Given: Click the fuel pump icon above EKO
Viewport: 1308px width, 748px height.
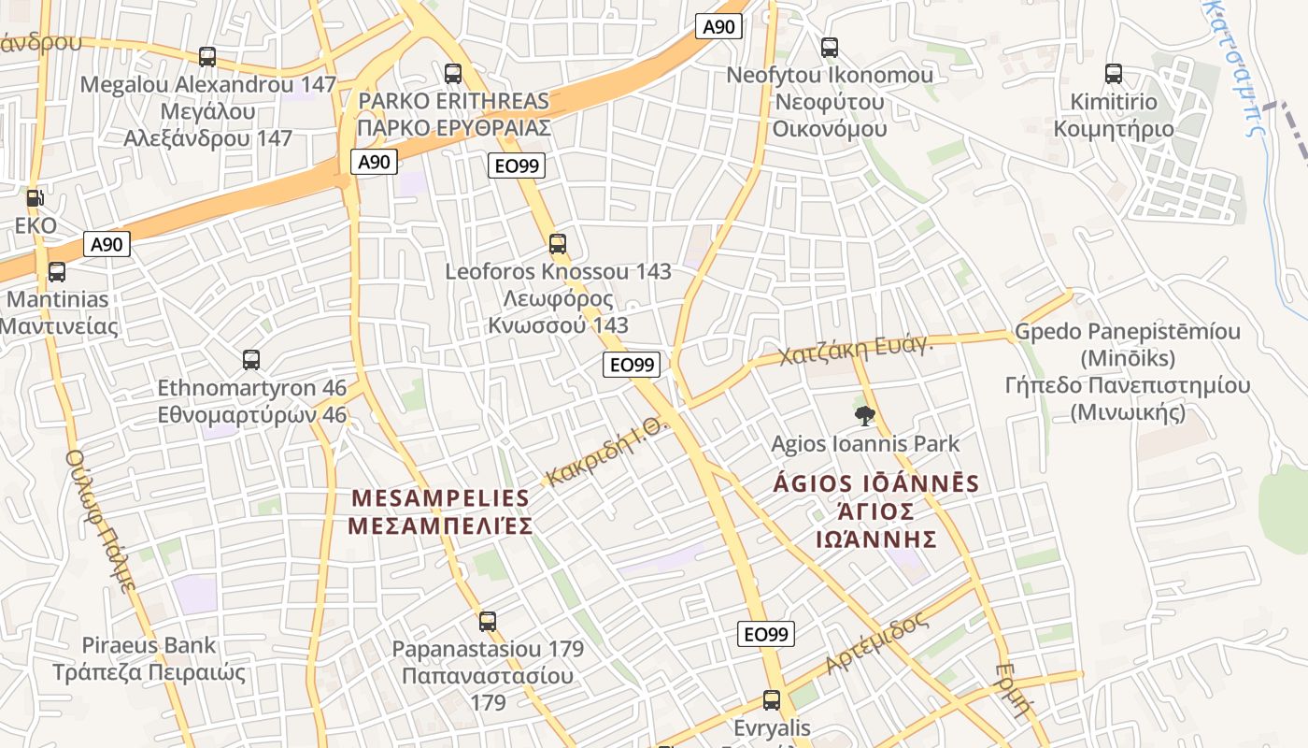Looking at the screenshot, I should (35, 198).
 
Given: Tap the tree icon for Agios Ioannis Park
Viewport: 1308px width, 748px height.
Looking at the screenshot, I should (865, 415).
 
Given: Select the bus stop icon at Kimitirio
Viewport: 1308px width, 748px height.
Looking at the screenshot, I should (1113, 74).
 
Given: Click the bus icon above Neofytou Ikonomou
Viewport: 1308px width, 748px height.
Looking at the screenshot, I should (829, 48).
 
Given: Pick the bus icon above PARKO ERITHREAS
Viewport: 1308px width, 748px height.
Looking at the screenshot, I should (453, 73).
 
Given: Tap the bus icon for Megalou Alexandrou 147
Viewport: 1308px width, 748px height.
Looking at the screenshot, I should (207, 57).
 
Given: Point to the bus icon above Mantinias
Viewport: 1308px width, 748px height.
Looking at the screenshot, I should (57, 272).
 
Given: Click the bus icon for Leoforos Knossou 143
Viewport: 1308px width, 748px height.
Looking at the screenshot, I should (558, 244).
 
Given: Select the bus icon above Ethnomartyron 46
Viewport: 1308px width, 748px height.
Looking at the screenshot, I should (251, 360).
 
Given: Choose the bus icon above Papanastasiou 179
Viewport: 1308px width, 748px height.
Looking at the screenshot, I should (488, 621).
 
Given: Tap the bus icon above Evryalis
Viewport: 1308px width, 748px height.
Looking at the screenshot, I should (772, 699).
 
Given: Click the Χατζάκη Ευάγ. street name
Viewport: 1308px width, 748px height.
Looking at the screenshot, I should (856, 350).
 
